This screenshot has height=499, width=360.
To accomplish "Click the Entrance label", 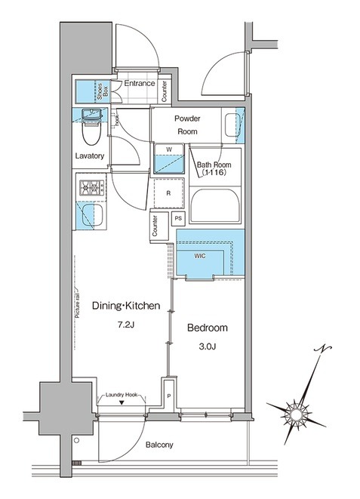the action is pos(140,83).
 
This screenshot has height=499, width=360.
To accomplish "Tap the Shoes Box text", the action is pos(103,91).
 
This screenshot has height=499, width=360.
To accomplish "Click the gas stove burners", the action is pos(91,187).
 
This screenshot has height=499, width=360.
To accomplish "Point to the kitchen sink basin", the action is pos(92,215).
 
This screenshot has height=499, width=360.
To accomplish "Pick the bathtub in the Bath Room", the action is pos(215,205).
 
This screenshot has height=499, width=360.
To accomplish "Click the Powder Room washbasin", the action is pos(232,125).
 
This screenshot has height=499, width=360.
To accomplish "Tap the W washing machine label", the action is pos(169,149).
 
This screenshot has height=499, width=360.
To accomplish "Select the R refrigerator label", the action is pos(168,193).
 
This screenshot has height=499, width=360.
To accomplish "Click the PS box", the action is pos(178,218).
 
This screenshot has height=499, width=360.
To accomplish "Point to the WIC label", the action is pos(200,256).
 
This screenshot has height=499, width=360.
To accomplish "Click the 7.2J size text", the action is pos(126,325).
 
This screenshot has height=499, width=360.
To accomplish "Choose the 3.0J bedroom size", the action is pos(208,347).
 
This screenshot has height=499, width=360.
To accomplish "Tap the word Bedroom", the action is pos(208,328).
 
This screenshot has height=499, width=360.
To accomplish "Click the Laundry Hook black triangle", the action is pos(122,402).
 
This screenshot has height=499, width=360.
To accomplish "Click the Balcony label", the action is pos(159,445).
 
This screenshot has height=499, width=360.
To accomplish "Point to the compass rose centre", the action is pos(296,414).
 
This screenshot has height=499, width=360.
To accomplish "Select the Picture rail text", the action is pos(77,304).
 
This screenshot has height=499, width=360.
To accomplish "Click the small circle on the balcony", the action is pos(76,440).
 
